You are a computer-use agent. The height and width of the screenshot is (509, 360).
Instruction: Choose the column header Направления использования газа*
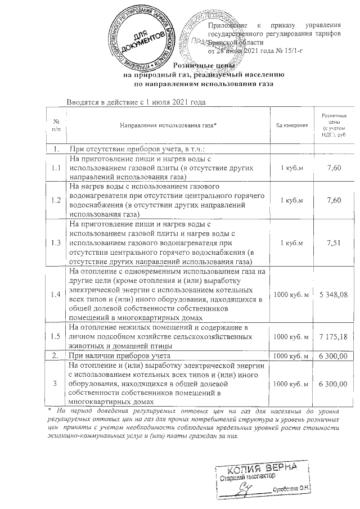168,125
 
